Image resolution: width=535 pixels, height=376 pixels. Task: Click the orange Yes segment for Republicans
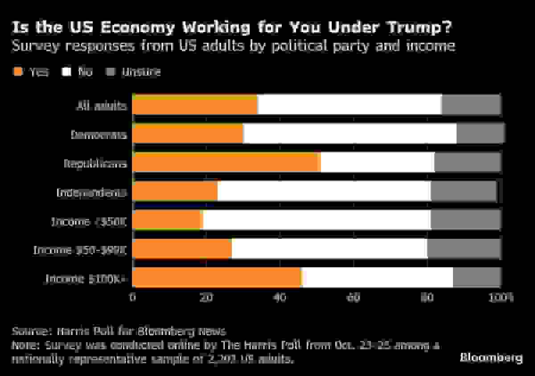[x=227, y=163]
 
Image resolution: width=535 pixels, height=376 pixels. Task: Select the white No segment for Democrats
[x=350, y=134]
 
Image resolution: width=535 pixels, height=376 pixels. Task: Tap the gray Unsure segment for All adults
[x=471, y=105]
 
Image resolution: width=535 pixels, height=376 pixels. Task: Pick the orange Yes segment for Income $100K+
[x=217, y=278]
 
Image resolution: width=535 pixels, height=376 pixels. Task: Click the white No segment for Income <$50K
[x=317, y=220]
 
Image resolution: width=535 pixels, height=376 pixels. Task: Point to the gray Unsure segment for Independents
[x=464, y=192]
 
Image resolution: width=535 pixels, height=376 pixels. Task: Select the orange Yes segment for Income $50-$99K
[x=182, y=249]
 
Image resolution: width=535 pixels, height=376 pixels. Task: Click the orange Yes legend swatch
[x=17, y=71]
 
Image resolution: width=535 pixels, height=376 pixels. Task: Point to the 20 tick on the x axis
[x=206, y=297]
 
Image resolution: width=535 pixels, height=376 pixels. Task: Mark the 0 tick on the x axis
[x=133, y=297]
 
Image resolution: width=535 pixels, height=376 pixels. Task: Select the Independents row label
[x=92, y=192]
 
